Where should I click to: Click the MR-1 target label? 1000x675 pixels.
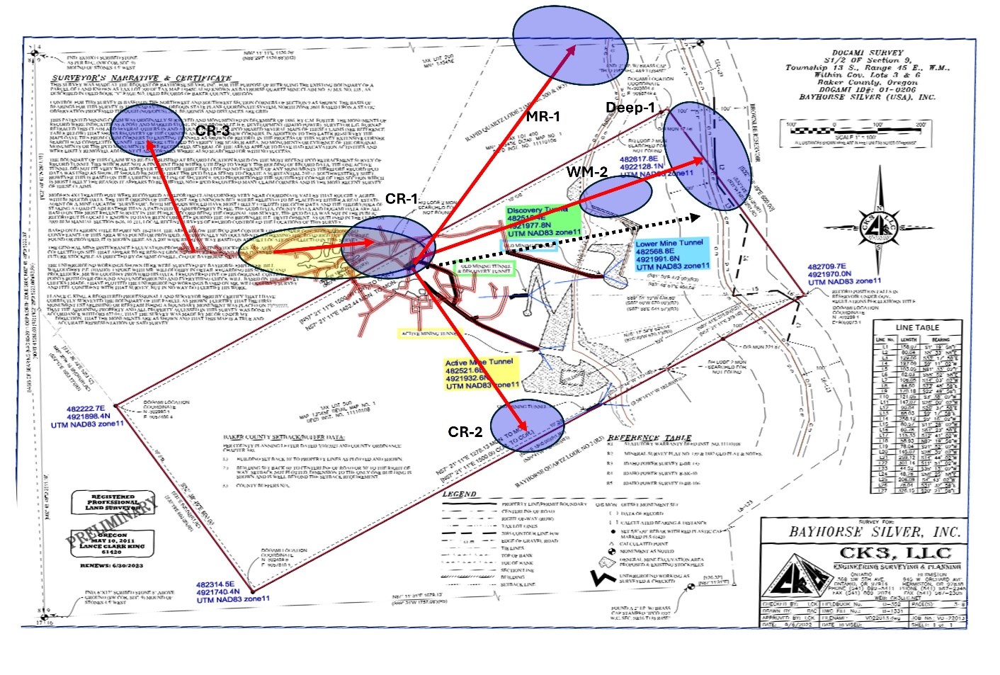(x=543, y=116)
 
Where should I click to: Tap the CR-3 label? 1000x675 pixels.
(x=212, y=131)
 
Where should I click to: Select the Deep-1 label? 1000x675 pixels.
(x=630, y=108)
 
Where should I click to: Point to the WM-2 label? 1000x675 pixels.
(x=586, y=172)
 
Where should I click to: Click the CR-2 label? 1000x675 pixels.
(x=465, y=432)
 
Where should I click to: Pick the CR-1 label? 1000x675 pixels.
(x=401, y=199)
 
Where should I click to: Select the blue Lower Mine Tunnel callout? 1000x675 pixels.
(x=671, y=254)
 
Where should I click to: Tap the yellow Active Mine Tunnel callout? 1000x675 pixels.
(x=481, y=373)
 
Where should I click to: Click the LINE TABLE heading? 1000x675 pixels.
(x=917, y=327)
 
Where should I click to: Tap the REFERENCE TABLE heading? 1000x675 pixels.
(x=649, y=438)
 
